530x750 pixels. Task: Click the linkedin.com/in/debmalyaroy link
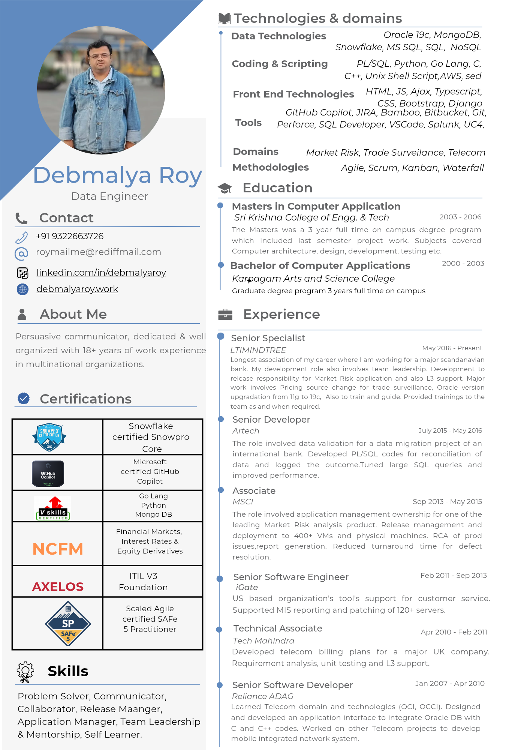pyautogui.click(x=101, y=273)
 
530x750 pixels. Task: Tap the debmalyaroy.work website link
pyautogui.click(x=77, y=289)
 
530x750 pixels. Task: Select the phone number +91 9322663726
pyautogui.click(x=70, y=236)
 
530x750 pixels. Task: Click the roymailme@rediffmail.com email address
pyautogui.click(x=99, y=252)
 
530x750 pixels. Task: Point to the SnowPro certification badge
pyautogui.click(x=49, y=437)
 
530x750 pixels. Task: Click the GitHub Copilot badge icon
pyautogui.click(x=48, y=473)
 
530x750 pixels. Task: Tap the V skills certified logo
pyautogui.click(x=53, y=508)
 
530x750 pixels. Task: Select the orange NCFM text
pyautogui.click(x=58, y=549)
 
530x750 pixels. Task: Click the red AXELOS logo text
pyautogui.click(x=58, y=586)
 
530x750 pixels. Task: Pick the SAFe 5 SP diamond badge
pyautogui.click(x=68, y=624)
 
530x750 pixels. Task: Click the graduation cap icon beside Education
pyautogui.click(x=225, y=188)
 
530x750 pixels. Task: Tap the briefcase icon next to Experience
pyautogui.click(x=225, y=315)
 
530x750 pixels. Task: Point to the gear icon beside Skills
pyautogui.click(x=25, y=672)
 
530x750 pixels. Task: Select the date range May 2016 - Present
pyautogui.click(x=452, y=348)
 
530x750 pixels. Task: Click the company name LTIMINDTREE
pyautogui.click(x=258, y=350)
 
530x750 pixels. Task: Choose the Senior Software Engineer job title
pyautogui.click(x=291, y=577)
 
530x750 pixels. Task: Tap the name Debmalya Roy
pyautogui.click(x=118, y=175)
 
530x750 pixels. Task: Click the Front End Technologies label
pyautogui.click(x=293, y=94)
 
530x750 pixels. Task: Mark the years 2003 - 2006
pyautogui.click(x=460, y=217)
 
